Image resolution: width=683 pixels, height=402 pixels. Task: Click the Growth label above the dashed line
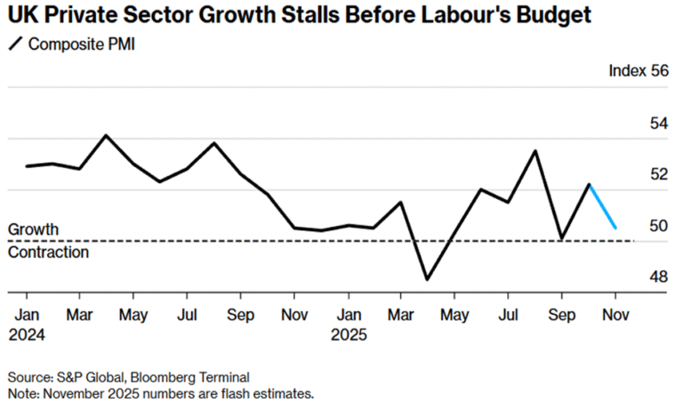pyautogui.click(x=33, y=229)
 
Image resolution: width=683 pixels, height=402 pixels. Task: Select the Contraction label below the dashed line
pyautogui.click(x=48, y=252)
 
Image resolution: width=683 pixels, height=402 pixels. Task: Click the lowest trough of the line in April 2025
pyautogui.click(x=428, y=279)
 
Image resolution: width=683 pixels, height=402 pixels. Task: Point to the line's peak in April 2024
pyautogui.click(x=106, y=135)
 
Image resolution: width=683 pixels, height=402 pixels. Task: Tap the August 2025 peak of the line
pyautogui.click(x=535, y=150)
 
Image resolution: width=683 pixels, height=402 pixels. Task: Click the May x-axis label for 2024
pyautogui.click(x=133, y=315)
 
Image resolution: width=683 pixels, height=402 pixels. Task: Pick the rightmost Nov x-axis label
pyautogui.click(x=615, y=315)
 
